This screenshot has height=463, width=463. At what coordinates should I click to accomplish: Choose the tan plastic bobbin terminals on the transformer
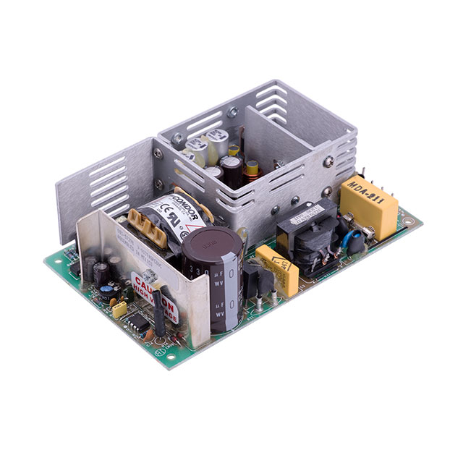pos(144,223)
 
